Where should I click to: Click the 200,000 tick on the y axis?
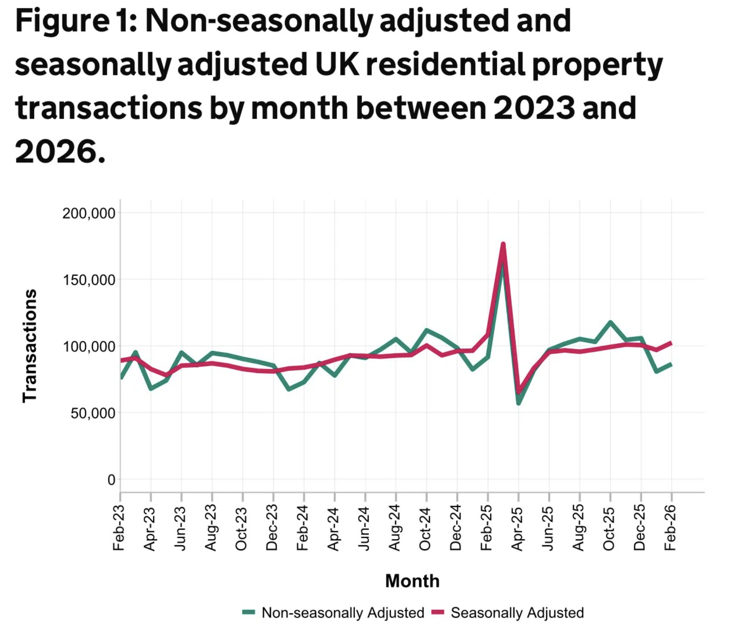pyautogui.click(x=89, y=213)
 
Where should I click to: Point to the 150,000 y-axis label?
pyautogui.click(x=89, y=280)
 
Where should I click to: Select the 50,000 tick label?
pyautogui.click(x=93, y=413)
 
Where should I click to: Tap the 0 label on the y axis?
pyautogui.click(x=111, y=480)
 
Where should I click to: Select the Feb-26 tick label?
pyautogui.click(x=670, y=528)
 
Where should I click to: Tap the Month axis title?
pyautogui.click(x=412, y=581)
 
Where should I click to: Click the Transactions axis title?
pyautogui.click(x=30, y=346)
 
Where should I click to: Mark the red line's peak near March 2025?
pyautogui.click(x=503, y=244)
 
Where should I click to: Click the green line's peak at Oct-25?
pyautogui.click(x=610, y=322)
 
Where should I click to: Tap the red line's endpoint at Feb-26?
pyautogui.click(x=671, y=343)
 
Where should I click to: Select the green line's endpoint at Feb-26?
pyautogui.click(x=671, y=365)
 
